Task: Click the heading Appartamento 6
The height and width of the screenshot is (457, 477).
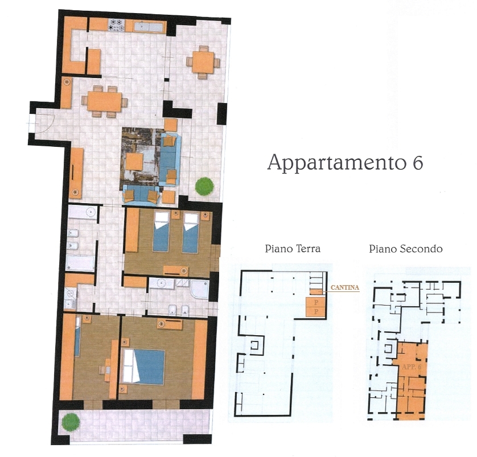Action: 346,163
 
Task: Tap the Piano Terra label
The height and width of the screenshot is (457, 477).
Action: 293,249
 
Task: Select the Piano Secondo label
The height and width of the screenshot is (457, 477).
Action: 405,249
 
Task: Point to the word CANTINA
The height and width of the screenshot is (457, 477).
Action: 345,287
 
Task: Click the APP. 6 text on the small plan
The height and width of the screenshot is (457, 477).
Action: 412,367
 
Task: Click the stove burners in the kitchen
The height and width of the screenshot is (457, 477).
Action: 117,25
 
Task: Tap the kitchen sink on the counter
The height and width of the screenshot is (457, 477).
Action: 149,27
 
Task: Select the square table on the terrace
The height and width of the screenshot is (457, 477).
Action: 203,63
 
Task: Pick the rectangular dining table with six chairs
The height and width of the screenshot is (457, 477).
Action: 104,101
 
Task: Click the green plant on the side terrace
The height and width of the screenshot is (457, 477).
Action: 204,186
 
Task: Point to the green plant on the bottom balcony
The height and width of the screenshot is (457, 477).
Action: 71,422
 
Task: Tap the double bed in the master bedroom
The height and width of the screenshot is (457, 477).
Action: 143,367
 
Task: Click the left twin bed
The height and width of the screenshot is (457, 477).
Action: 161,232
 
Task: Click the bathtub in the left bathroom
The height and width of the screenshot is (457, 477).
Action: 81,264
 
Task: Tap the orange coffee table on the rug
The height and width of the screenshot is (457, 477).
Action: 134,162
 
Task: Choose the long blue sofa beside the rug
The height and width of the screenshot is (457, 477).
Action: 170,159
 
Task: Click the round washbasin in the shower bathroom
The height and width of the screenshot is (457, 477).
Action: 161,283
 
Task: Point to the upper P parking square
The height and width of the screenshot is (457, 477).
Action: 316,303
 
